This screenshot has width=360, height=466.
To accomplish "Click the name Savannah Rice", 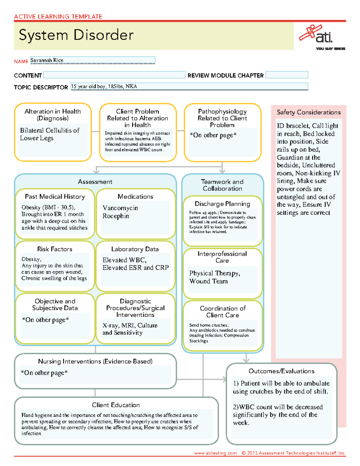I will coord(47,60).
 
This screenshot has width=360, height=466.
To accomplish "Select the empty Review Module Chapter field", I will coord(287,75).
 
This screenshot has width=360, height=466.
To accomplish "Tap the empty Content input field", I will coord(114,75).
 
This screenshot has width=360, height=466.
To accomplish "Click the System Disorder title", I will coord(76,35).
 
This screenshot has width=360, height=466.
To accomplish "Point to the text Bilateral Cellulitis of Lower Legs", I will coord(49,134).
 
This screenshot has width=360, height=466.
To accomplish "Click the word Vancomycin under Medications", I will coord(120,208).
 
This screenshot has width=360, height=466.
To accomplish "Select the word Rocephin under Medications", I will coord(116,216).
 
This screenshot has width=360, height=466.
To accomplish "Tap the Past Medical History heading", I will coord(55,197).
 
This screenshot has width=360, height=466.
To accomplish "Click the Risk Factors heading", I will coord(55,249).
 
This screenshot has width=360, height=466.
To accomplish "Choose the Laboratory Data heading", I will coord(135,249).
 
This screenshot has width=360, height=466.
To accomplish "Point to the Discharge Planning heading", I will coord(222,204).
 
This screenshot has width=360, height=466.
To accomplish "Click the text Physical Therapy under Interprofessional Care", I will coord(214,273).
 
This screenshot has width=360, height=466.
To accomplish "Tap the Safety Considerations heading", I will coord(309,112).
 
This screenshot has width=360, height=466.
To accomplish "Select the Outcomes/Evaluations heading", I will coord(281,371).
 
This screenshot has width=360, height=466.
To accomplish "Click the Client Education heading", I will coord(116,405).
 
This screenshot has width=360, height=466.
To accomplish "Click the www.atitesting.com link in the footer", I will coord(215,453).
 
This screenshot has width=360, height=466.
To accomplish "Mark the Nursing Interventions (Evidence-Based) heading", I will coord(95,361).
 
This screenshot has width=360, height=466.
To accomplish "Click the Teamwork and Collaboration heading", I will coord(222,185).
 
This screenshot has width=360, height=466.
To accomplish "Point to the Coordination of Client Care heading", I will coord(223,312).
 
